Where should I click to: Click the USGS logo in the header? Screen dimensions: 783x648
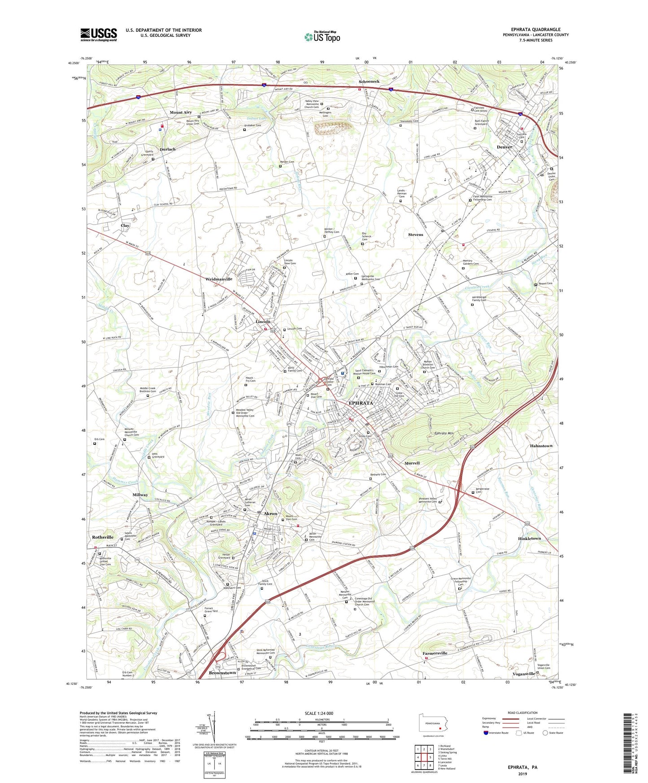coord(99,34)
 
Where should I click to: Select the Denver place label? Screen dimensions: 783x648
coord(504,147)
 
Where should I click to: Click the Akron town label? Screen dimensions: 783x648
coord(270,513)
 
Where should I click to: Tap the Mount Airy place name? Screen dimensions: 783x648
coord(181,113)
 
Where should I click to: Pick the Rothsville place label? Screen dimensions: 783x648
coord(103,537)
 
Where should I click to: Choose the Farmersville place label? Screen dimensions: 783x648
coord(435,653)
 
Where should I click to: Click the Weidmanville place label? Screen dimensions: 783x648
coord(219,279)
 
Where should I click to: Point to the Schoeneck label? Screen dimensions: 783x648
coord(369,82)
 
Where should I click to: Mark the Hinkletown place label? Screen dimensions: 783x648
coord(529,538)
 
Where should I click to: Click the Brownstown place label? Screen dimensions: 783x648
coord(222,673)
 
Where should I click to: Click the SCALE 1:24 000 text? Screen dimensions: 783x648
coord(319,713)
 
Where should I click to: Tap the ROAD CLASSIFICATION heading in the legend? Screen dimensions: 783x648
coord(522,713)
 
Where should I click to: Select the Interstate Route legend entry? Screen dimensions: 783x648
coord(497,733)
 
